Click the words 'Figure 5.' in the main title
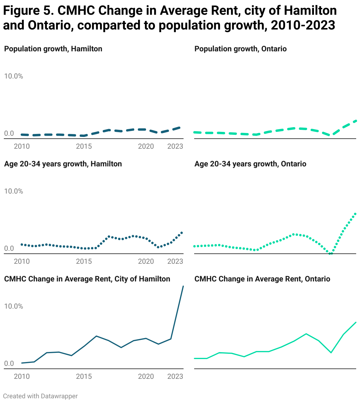(28, 11)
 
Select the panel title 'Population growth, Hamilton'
(53, 49)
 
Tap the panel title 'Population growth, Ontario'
(240, 49)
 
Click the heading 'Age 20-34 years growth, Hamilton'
(63, 164)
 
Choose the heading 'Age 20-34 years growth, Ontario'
(250, 164)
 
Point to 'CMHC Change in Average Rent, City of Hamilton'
(87, 279)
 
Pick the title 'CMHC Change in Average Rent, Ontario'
(262, 279)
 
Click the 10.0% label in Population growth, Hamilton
(14, 76)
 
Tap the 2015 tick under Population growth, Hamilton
(84, 146)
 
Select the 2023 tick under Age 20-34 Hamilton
(175, 261)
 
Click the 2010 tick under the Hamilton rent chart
(22, 376)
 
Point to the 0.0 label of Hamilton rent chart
(9, 363)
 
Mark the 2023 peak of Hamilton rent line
(183, 286)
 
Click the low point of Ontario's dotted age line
(331, 253)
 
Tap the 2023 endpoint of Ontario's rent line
(356, 322)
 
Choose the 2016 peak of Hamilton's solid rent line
(96, 336)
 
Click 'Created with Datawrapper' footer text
(40, 396)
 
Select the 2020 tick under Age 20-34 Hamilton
(146, 261)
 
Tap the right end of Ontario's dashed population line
(356, 121)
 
